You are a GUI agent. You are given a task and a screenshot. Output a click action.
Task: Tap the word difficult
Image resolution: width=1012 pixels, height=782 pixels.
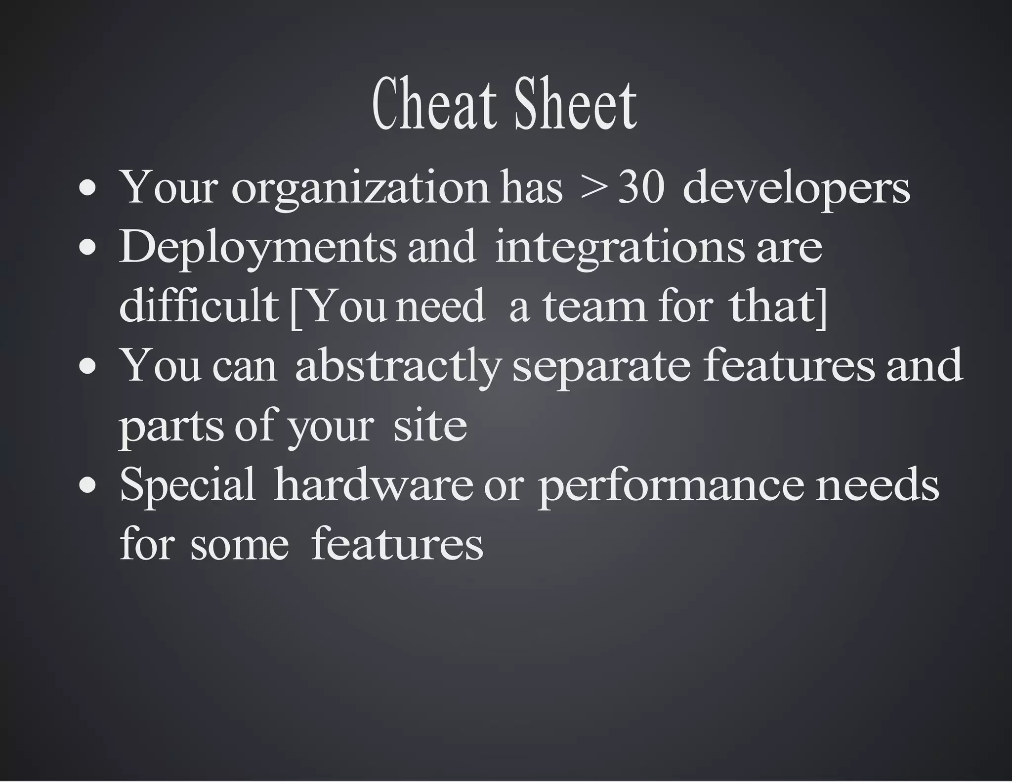pos(199,306)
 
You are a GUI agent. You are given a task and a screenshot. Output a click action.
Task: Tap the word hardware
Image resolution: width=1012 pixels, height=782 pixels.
pos(373,484)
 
